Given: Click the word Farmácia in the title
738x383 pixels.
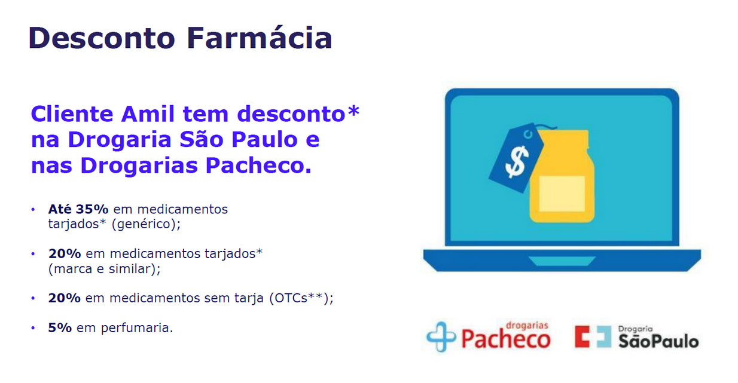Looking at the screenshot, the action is [x=260, y=38].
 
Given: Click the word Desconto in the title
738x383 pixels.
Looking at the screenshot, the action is [x=102, y=38].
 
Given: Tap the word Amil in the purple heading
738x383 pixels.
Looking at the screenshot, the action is [x=148, y=114].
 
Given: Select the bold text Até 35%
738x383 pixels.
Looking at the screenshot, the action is [x=78, y=209].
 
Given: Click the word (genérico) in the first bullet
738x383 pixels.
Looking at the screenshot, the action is [x=145, y=225].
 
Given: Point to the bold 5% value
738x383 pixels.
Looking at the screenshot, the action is [x=60, y=327].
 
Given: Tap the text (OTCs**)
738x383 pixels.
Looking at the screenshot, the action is [x=299, y=298].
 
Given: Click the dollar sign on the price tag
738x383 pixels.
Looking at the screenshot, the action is [x=517, y=161].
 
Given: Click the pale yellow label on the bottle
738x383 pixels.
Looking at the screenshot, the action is [x=562, y=194].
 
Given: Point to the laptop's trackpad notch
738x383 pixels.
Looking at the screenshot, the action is [x=562, y=261].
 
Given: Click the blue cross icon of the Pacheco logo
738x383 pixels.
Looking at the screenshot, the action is [x=441, y=336].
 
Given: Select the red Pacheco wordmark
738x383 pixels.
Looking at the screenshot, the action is [x=506, y=339].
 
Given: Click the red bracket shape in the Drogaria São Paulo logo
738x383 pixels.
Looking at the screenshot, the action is [x=582, y=336].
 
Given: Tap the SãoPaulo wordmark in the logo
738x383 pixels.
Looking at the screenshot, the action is [x=658, y=341].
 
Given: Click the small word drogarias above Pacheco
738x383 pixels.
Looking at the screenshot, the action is [x=527, y=326].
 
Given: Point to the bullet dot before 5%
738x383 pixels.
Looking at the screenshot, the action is [x=33, y=328].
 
